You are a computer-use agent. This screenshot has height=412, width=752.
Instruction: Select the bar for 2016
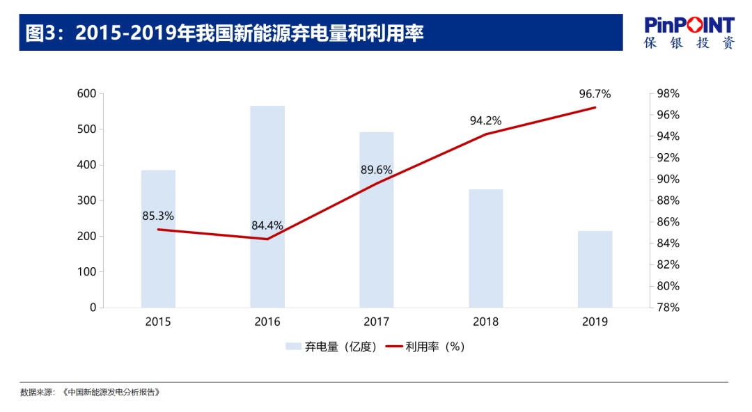coord(267,207)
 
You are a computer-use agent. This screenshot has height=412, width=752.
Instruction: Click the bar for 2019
coord(595,269)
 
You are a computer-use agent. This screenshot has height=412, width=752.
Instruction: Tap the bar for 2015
coord(158,239)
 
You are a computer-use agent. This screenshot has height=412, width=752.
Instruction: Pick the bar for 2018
coord(485,248)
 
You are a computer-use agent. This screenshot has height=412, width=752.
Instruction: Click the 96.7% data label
coord(595,94)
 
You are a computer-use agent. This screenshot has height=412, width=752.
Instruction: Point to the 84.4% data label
coord(267,225)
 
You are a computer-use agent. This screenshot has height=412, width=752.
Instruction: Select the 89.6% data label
coord(376,170)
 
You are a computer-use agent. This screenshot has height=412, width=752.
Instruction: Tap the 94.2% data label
coord(485,120)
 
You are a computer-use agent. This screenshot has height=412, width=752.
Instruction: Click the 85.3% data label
coord(158,216)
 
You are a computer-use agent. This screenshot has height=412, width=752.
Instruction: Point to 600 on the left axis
coord(86,94)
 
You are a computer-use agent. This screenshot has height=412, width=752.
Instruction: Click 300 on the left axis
coord(86,200)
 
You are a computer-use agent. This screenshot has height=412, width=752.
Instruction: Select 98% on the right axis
coord(668,94)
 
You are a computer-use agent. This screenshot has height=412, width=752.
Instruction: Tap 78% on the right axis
coord(668,308)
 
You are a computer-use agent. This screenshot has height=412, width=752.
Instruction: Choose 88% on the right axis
coord(668,200)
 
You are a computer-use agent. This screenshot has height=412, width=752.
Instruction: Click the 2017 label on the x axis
coord(376,322)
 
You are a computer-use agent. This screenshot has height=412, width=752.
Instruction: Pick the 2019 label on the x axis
coord(595,322)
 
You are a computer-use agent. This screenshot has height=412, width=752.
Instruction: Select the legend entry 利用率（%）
coord(426,347)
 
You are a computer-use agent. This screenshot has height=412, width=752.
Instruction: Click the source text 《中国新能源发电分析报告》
coord(111,393)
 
